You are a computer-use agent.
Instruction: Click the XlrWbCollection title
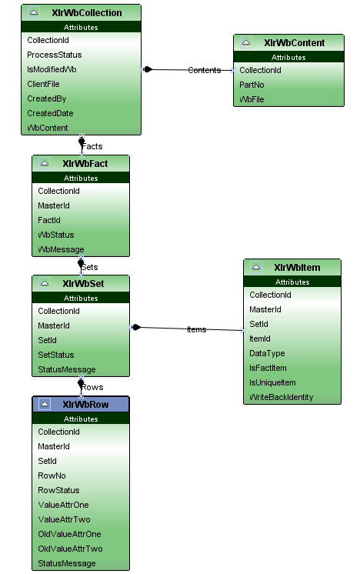(87, 13)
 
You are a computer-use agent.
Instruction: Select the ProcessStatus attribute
(54, 55)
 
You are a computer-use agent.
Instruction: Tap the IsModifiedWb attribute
(52, 69)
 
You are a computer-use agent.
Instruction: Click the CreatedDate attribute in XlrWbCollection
(50, 113)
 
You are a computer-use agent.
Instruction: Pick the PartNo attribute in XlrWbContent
(252, 85)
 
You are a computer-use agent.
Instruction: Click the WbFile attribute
(252, 99)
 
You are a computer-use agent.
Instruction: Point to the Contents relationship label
(204, 70)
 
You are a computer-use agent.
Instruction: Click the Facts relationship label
(92, 146)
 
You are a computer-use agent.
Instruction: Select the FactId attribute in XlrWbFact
(49, 220)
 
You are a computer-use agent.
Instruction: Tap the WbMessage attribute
(61, 249)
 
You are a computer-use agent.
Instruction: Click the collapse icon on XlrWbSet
(45, 283)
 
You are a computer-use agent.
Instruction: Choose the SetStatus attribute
(56, 355)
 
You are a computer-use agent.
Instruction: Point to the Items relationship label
(196, 330)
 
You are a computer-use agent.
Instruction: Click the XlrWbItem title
(297, 268)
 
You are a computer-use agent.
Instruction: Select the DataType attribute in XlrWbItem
(267, 354)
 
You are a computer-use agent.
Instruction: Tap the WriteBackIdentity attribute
(281, 398)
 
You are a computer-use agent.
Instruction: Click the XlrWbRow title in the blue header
(85, 405)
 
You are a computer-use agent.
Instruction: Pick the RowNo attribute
(52, 476)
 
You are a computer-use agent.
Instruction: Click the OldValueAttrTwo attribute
(70, 549)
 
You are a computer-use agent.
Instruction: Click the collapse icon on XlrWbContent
(246, 42)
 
